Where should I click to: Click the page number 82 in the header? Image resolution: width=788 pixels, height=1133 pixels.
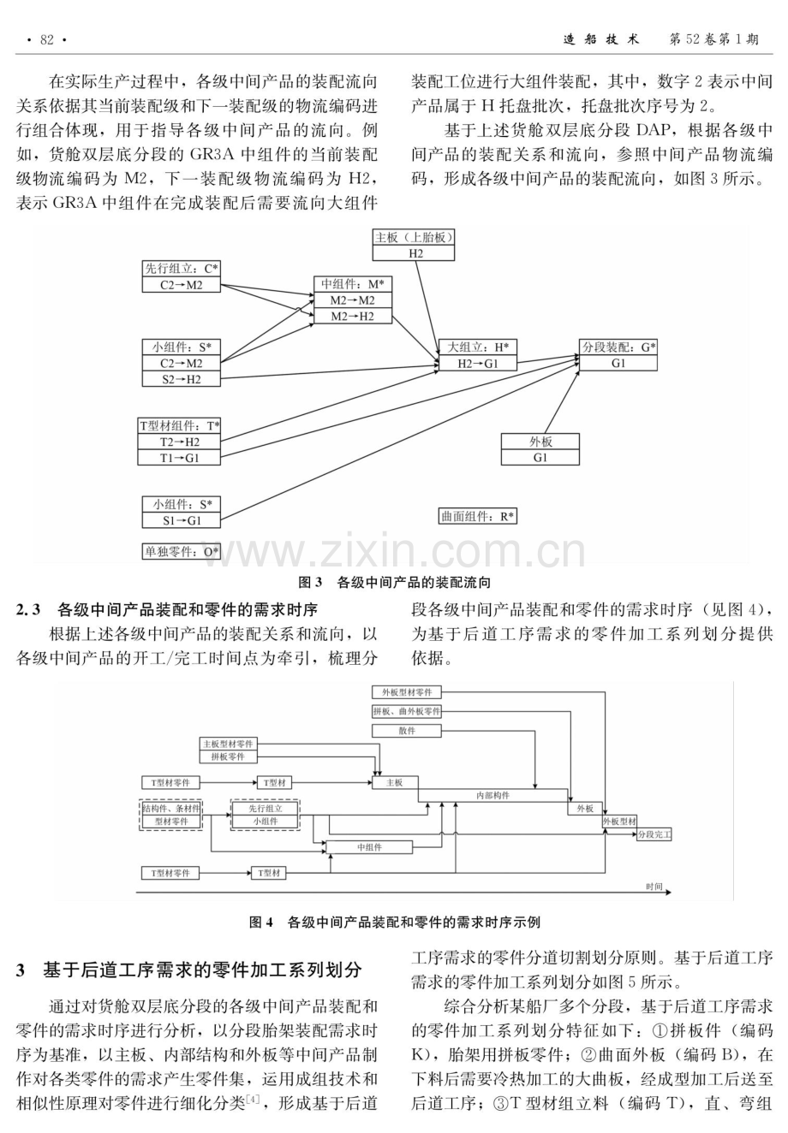click(46, 39)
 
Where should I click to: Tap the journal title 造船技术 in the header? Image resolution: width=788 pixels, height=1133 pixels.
click(601, 39)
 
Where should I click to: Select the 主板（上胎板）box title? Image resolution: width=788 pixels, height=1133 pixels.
click(413, 237)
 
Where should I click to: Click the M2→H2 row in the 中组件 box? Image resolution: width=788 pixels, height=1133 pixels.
click(353, 316)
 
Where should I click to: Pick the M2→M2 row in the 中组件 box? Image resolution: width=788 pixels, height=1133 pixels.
click(353, 300)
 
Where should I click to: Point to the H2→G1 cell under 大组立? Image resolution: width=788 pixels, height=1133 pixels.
click(478, 363)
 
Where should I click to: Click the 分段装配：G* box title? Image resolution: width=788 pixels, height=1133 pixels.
click(618, 347)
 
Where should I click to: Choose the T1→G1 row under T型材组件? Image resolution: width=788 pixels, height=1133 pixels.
click(179, 458)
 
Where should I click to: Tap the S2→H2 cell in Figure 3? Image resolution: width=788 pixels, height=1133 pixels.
click(182, 379)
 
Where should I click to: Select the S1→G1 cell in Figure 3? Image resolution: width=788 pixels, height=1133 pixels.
click(182, 520)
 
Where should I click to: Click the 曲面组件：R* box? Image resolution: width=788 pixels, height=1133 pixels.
click(478, 516)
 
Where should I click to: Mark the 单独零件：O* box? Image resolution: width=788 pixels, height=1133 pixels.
click(182, 551)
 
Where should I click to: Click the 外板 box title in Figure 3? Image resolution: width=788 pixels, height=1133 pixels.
click(540, 442)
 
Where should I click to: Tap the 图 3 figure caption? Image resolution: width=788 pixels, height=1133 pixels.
click(394, 583)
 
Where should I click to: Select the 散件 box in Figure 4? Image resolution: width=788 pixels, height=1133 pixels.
click(407, 731)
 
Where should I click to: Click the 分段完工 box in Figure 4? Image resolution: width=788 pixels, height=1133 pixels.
click(654, 834)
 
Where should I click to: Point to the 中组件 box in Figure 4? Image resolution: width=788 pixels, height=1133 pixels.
click(369, 847)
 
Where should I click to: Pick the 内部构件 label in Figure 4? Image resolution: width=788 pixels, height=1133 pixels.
click(493, 795)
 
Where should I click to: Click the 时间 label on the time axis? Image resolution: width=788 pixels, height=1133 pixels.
click(654, 887)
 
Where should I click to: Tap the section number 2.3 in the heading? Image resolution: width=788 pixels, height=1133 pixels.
click(28, 610)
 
